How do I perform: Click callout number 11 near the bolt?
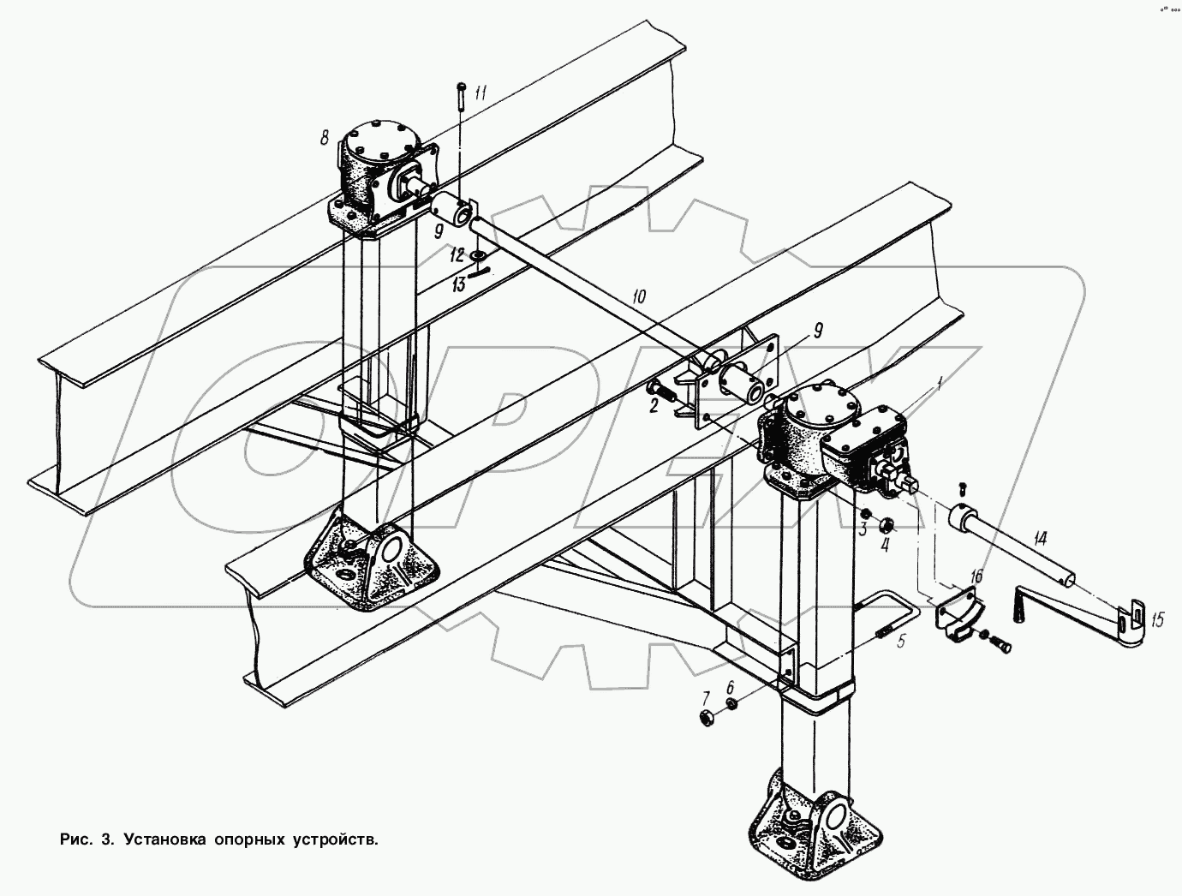coord(480,94)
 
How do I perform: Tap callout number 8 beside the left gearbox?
coord(325,137)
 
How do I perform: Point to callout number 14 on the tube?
coord(1039,540)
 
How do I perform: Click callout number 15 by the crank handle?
coord(1157,621)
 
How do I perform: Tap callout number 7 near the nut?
coord(706,696)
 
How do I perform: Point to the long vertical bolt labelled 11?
coord(461,96)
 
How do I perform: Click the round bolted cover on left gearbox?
coord(380,144)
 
